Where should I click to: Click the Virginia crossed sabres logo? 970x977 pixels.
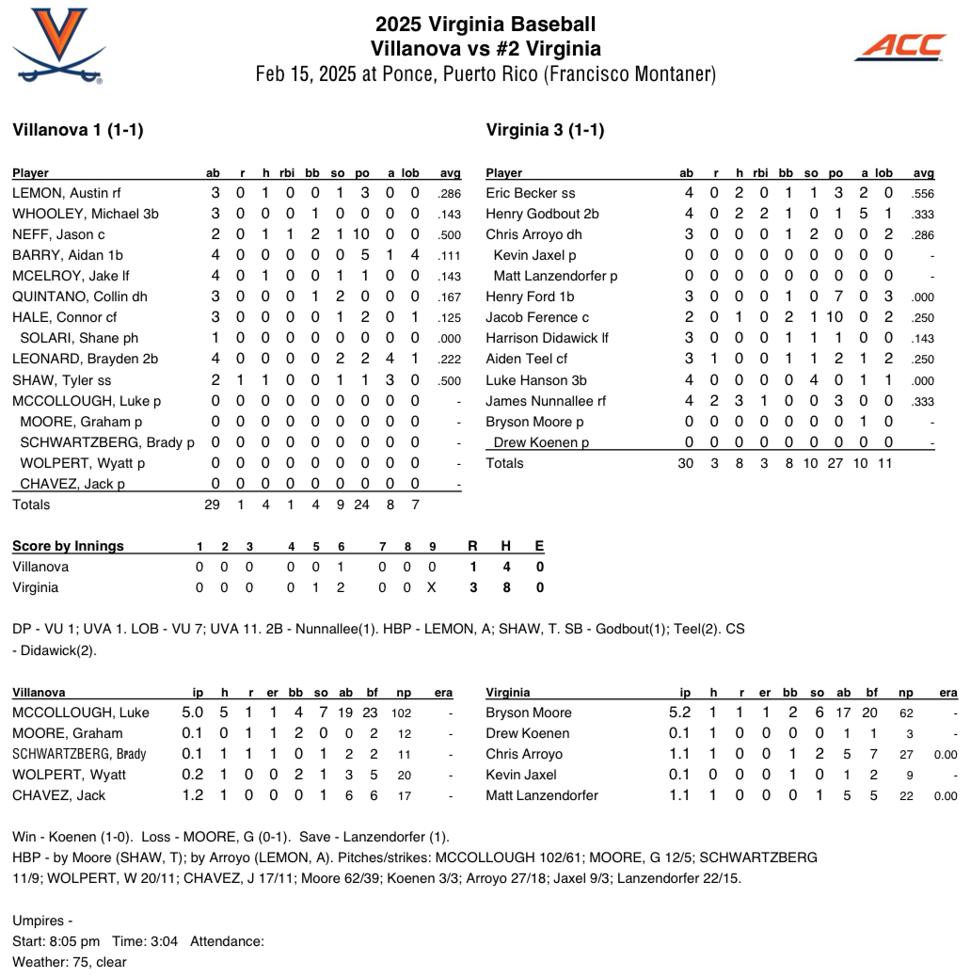59,45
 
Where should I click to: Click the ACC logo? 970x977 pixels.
900,46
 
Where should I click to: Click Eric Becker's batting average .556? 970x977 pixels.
923,193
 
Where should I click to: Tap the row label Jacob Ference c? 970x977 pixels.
537,317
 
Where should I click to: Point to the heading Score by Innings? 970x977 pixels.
68,546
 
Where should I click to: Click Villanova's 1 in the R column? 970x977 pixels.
473,567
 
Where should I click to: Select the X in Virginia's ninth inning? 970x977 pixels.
432,587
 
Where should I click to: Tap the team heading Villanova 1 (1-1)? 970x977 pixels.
77,130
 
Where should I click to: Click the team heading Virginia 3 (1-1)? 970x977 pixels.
545,130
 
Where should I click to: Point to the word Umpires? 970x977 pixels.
39,921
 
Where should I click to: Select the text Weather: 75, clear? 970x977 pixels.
69,962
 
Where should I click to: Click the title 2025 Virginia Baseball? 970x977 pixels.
485,24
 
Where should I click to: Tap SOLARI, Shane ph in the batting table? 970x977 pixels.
79,338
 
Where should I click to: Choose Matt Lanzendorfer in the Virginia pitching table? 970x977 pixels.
541,795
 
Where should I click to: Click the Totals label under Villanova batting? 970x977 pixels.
31,505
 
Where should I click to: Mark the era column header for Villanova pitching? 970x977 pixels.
443,693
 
